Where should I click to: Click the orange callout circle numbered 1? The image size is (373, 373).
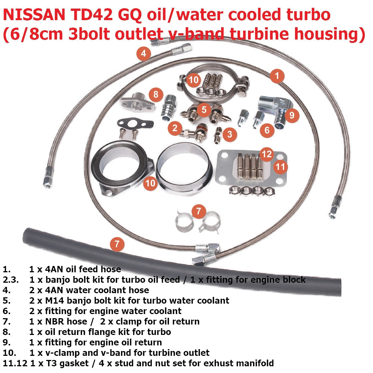tap(277, 76)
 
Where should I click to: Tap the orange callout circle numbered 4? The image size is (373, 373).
tap(144, 53)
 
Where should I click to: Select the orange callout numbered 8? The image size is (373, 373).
tap(156, 94)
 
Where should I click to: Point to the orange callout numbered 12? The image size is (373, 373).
tap(267, 154)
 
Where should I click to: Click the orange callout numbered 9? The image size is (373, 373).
tap(292, 115)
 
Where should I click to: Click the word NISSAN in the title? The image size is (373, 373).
tap(34, 15)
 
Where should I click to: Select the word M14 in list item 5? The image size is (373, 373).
tap(54, 300)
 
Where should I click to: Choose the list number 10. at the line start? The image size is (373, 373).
tap(10, 353)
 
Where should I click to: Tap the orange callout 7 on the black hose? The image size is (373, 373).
tap(117, 244)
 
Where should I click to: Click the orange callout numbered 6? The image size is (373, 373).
tap(267, 130)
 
